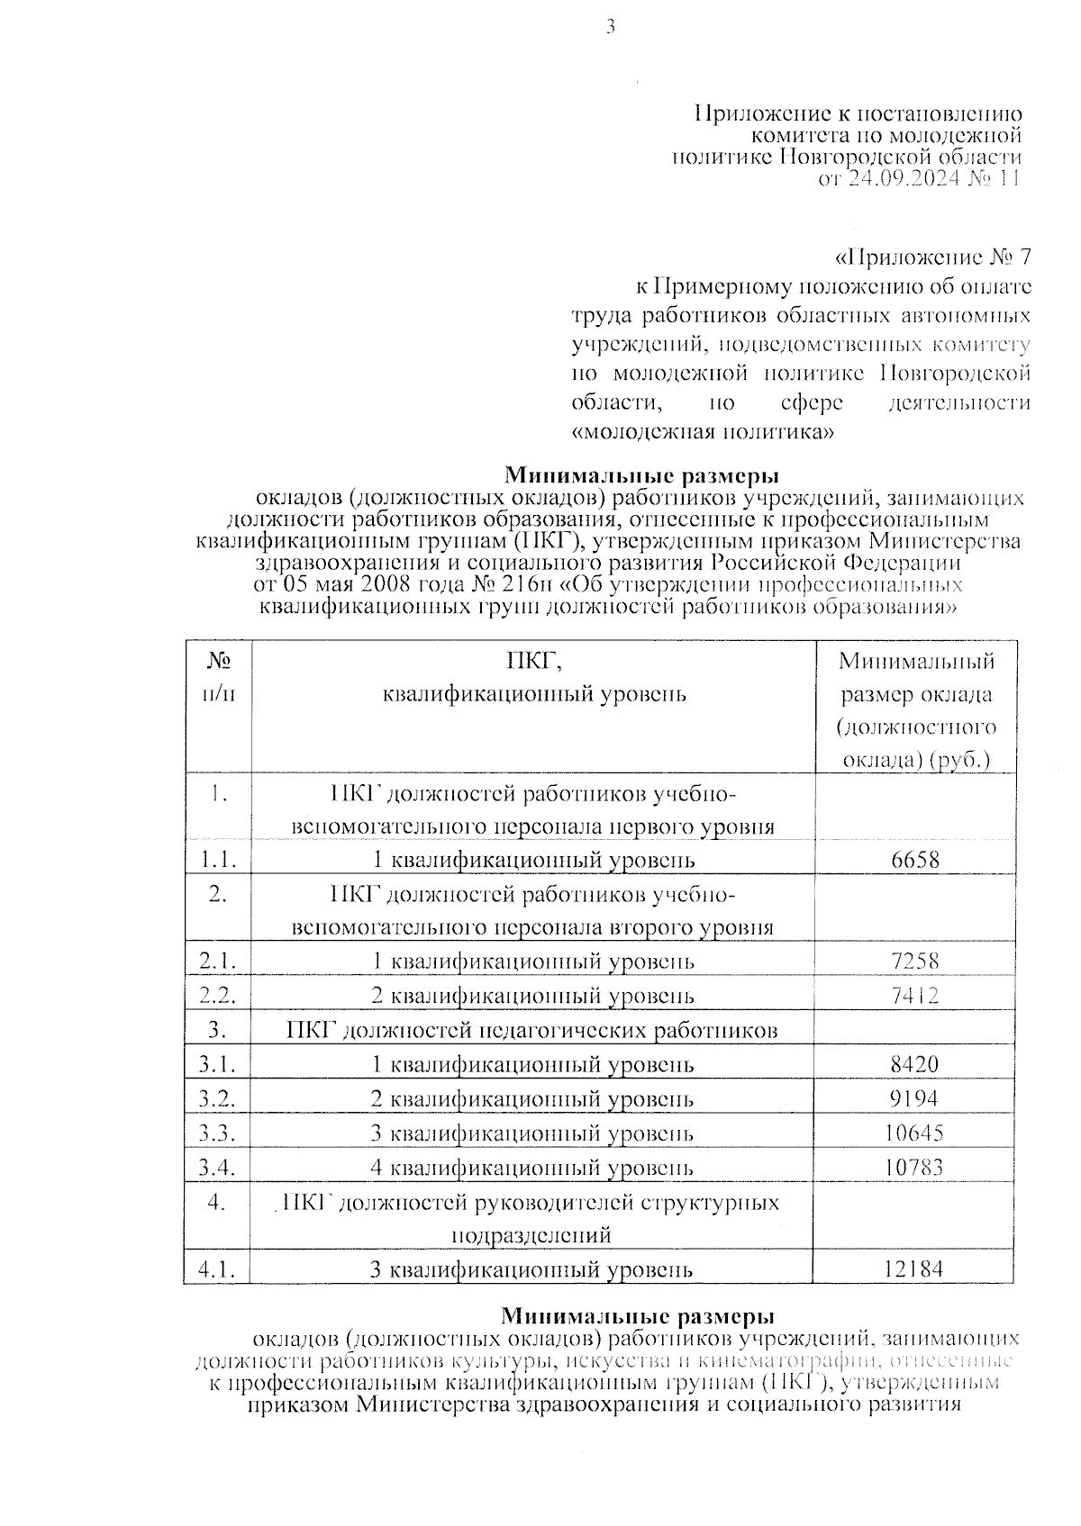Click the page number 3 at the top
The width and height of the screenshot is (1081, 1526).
coord(610,28)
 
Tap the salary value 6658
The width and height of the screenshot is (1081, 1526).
coord(914,860)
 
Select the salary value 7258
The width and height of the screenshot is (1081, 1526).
coord(914,961)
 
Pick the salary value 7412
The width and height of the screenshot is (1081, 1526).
coord(914,996)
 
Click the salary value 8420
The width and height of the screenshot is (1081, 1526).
coord(914,1064)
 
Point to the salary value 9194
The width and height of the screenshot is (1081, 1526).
coord(914,1098)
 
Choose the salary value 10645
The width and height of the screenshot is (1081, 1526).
coord(914,1133)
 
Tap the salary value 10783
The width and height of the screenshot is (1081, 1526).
coord(914,1168)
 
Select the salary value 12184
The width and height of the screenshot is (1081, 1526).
coord(914,1269)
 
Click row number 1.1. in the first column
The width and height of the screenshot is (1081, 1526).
coord(218,860)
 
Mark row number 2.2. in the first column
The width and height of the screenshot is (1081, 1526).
coord(218,996)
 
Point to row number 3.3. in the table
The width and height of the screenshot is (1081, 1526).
coord(218,1133)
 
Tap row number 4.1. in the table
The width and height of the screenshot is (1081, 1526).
coord(218,1269)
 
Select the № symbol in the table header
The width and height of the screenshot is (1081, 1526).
coord(218,661)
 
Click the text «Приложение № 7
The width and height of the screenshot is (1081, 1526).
coord(933,258)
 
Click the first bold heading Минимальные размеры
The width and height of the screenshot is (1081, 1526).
coord(640,474)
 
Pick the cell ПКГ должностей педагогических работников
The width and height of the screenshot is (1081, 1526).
coord(532,1030)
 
